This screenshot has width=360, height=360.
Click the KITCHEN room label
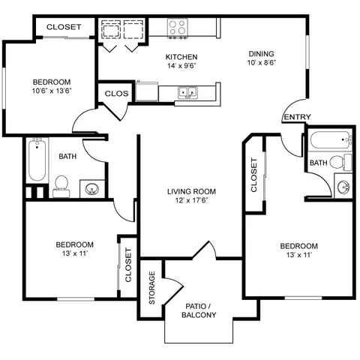click(181, 57)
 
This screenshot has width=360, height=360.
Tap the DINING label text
click(261, 54)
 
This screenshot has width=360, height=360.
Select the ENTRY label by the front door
click(298, 117)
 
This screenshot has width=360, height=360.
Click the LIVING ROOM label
click(191, 191)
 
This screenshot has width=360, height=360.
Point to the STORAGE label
click(152, 287)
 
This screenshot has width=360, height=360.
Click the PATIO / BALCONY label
click(199, 310)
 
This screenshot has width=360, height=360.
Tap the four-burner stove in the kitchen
click(178, 28)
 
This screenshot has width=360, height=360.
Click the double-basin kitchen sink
click(187, 92)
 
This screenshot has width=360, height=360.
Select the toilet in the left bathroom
click(61, 186)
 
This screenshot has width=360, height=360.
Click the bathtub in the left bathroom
click(37, 160)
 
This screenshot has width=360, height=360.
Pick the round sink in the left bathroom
click(92, 189)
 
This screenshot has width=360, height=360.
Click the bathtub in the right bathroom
click(331, 140)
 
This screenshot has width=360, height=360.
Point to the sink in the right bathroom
click(343, 186)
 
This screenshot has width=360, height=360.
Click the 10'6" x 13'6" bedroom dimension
click(52, 91)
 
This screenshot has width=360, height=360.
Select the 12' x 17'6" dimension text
click(191, 200)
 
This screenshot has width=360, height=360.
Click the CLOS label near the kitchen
click(116, 94)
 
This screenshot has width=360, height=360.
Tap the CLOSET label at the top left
click(64, 27)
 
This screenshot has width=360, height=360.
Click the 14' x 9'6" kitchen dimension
click(181, 66)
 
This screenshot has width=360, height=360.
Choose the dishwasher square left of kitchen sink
click(147, 91)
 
